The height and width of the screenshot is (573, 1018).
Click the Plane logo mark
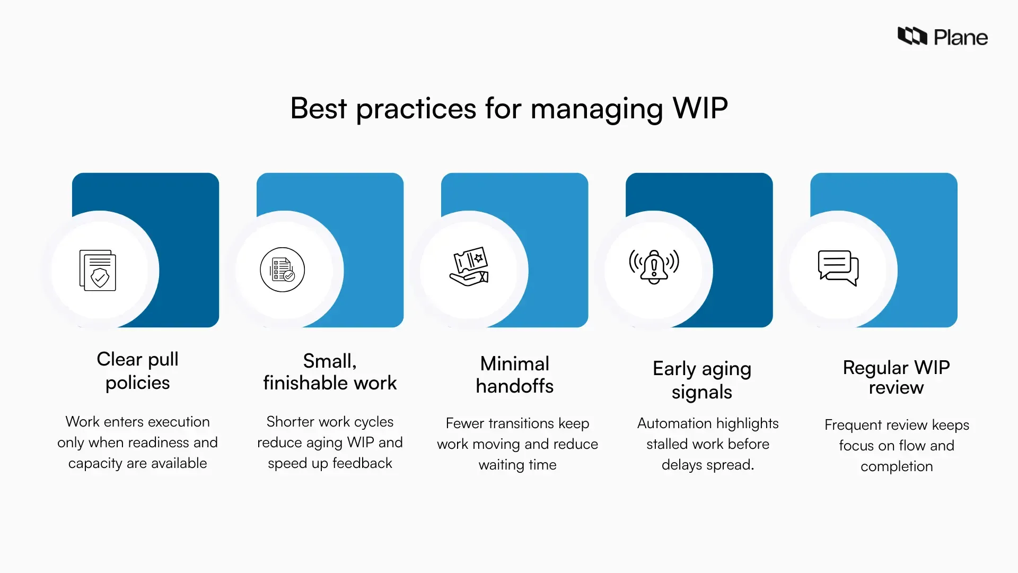click(x=912, y=36)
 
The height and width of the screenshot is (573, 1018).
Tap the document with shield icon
click(x=98, y=270)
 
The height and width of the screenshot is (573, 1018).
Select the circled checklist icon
click(x=283, y=270)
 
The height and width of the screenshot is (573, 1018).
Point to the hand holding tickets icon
click(x=469, y=266)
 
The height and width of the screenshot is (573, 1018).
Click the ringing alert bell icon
click(x=654, y=266)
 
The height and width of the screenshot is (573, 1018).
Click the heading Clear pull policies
click(x=137, y=371)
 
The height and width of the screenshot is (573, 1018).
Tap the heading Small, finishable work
click(x=330, y=372)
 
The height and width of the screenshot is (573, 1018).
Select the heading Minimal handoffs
click(x=514, y=375)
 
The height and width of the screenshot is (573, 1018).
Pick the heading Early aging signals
click(x=701, y=380)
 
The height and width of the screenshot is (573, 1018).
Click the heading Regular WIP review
click(x=896, y=377)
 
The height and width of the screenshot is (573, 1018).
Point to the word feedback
click(x=362, y=463)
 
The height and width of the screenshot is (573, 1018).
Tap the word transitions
click(x=518, y=423)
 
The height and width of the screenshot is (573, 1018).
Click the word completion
click(x=896, y=466)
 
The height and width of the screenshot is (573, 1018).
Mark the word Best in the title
click(x=318, y=108)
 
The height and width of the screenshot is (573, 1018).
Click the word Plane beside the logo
click(x=960, y=38)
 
